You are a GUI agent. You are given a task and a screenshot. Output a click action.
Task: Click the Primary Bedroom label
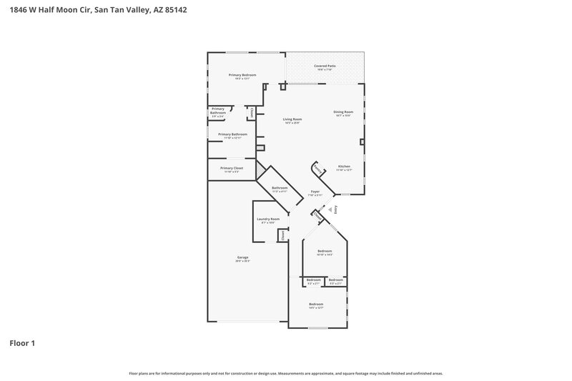242,75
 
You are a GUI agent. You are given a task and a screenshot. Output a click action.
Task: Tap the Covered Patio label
325,66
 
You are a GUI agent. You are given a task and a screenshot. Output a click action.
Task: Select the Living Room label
292,119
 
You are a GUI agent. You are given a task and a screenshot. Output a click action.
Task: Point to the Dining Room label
343,112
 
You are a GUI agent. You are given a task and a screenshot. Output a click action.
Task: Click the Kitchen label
344,166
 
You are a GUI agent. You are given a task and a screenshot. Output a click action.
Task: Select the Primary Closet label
232,168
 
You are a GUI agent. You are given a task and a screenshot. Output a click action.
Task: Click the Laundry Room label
268,219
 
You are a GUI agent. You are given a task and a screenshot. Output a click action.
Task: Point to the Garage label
243,257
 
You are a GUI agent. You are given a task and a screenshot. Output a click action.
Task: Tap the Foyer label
315,192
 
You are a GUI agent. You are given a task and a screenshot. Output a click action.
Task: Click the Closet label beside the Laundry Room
282,234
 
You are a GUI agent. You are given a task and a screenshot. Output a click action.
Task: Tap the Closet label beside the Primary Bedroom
252,112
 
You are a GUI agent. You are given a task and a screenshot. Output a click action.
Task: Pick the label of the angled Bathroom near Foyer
279,189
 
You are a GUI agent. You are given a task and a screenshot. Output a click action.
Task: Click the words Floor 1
21,343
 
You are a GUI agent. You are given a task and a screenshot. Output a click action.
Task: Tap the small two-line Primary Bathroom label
218,111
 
